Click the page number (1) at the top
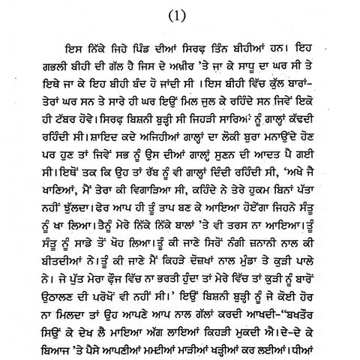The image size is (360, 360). [x=180, y=13]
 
